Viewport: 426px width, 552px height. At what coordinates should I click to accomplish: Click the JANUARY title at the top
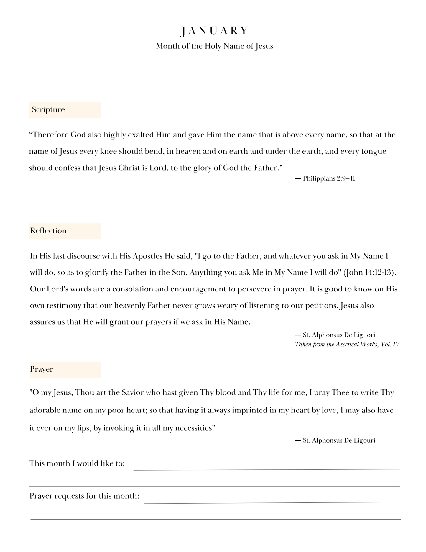[214, 31]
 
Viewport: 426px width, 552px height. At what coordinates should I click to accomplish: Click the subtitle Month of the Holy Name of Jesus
[214, 46]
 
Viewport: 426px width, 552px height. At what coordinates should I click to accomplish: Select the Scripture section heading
[48, 110]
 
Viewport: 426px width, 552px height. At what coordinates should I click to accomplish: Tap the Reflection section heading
[48, 231]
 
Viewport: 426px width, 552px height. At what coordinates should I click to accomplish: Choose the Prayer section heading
[42, 369]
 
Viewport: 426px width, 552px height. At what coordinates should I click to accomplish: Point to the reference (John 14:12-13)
[369, 272]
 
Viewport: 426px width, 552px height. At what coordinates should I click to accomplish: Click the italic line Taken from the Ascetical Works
[348, 344]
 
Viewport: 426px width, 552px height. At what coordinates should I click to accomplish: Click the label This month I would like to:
[77, 463]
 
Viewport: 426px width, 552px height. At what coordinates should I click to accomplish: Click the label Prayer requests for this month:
[84, 496]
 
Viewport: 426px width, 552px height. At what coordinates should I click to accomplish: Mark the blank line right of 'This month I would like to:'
[267, 469]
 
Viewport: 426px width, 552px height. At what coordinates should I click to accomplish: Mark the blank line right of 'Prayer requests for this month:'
[272, 502]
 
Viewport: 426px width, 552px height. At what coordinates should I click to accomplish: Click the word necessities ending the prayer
[194, 428]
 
